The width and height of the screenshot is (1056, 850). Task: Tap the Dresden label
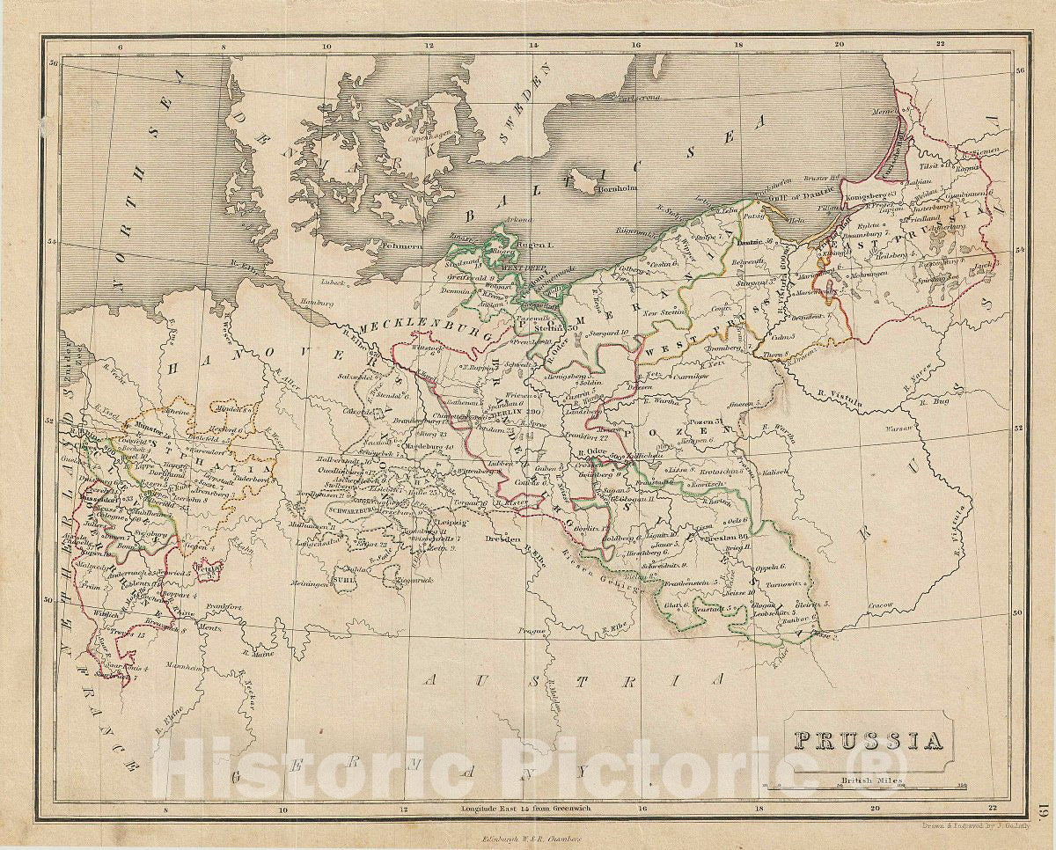502,539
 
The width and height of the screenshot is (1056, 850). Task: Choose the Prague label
533,631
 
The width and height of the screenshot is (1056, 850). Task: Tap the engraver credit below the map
968,825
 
